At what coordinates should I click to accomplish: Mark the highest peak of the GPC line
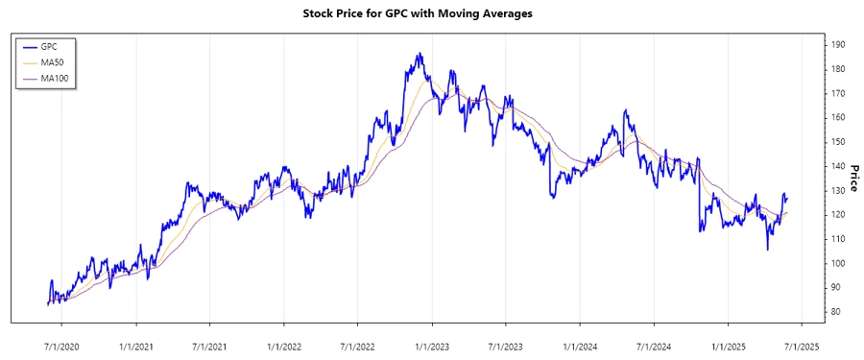tap(420, 54)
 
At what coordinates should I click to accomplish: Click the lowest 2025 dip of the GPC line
tap(767, 250)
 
